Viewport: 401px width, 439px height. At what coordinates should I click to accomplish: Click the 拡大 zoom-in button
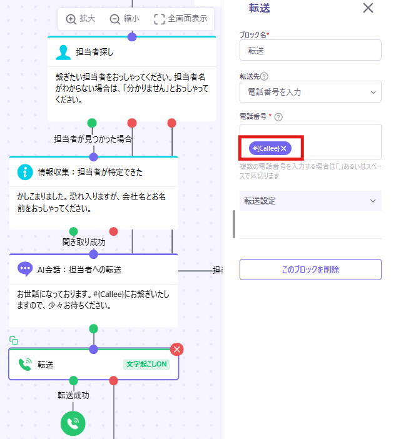[81, 19]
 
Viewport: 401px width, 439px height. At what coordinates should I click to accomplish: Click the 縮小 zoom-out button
[124, 19]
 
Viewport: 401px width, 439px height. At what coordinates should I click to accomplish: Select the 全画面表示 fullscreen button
[181, 19]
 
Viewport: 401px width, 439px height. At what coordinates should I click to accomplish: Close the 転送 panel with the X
[368, 8]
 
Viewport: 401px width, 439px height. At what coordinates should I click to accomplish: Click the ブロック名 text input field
[310, 50]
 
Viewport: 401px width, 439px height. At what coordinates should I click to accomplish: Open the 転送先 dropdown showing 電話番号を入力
[310, 92]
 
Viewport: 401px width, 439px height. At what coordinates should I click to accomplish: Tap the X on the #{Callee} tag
[283, 148]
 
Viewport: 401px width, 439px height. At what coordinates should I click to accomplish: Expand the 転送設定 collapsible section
[310, 201]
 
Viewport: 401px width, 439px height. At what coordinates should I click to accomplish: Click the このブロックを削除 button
[310, 270]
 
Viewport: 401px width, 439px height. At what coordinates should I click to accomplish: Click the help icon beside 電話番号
[278, 117]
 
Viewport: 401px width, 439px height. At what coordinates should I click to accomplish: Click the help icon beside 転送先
[264, 76]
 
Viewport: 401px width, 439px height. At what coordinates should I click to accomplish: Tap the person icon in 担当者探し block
[63, 53]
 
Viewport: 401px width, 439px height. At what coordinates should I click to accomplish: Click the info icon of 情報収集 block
[25, 172]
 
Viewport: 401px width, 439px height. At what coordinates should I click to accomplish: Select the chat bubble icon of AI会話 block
[25, 269]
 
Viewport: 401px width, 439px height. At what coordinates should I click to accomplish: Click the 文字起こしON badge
[146, 364]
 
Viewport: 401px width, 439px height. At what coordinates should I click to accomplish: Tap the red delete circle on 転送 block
[177, 350]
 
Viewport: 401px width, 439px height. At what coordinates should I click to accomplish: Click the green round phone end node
[73, 423]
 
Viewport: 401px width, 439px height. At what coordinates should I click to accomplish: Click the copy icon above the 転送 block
[14, 340]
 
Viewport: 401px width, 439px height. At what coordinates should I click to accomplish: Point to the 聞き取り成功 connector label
[84, 242]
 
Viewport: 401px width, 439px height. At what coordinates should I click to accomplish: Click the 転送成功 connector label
[73, 395]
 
